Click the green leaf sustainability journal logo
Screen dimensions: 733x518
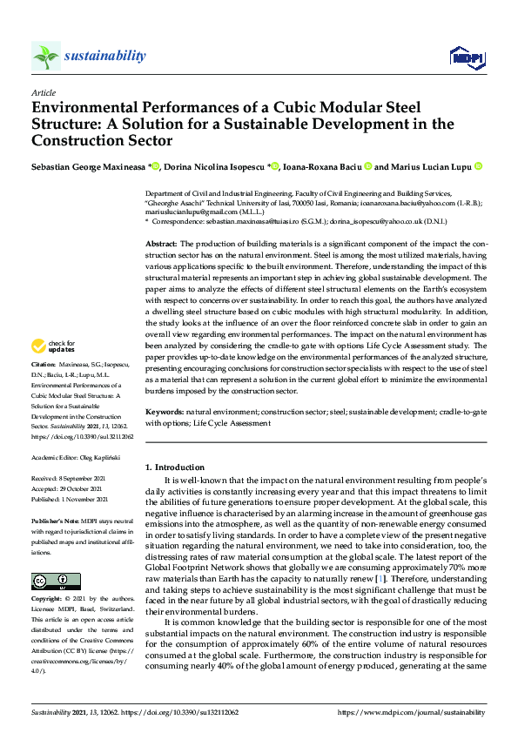tap(46, 57)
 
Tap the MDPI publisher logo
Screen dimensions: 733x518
tap(466, 57)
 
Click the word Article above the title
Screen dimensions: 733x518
tap(44, 91)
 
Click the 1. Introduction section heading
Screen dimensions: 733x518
tap(175, 467)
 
